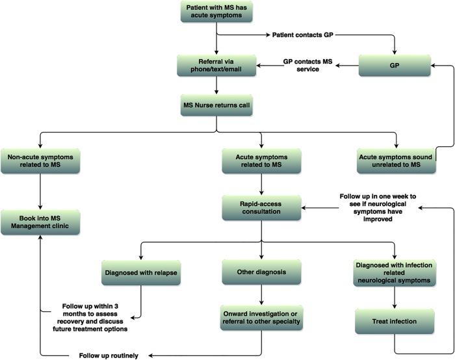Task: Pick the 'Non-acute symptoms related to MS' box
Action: [x=40, y=161]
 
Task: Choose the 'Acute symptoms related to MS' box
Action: [x=261, y=161]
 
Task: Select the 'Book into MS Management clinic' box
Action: [x=40, y=222]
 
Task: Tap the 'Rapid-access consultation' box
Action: [x=261, y=207]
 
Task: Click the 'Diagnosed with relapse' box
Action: [x=140, y=272]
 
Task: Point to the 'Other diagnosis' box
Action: [x=261, y=272]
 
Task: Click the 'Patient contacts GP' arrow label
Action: [x=302, y=34]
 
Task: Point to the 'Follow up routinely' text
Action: [x=109, y=355]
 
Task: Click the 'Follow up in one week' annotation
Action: [x=378, y=207]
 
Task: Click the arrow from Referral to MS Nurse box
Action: [x=215, y=85]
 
